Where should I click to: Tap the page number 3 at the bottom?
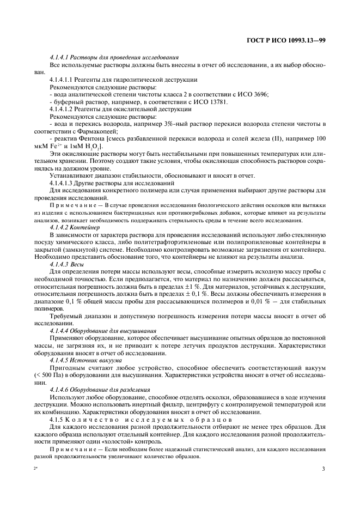pyautogui.click(x=323, y=468)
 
